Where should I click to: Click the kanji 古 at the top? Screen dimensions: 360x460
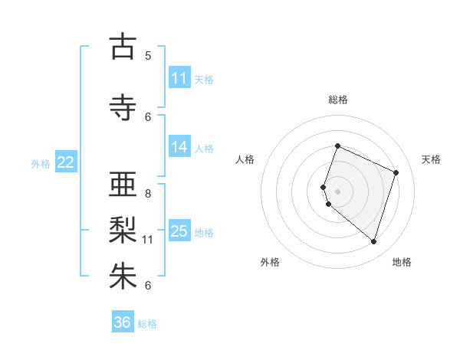coord(123,47)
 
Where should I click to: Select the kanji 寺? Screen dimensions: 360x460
coord(123,107)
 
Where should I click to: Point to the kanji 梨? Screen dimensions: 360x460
coord(123,229)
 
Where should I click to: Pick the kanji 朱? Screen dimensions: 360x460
coord(123,277)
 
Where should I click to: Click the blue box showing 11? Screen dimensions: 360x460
coord(179,78)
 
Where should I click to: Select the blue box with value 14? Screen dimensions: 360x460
coord(179,147)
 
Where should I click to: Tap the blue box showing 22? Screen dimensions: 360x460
coord(66,162)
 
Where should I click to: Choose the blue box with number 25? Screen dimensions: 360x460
coord(179,231)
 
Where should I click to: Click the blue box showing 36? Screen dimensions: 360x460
coord(123,322)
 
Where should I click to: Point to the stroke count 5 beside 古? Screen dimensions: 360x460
coord(148,56)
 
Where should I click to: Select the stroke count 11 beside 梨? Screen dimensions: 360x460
coord(148,240)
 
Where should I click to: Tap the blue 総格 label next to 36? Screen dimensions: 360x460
coord(147,324)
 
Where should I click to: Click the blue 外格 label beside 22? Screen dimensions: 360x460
coord(41,163)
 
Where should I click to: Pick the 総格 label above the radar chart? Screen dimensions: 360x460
coord(338,100)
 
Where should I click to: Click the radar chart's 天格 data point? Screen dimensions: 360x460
coord(396,172)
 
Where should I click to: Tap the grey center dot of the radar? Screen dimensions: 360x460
coord(338,191)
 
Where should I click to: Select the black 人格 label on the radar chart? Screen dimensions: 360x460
coord(245,159)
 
